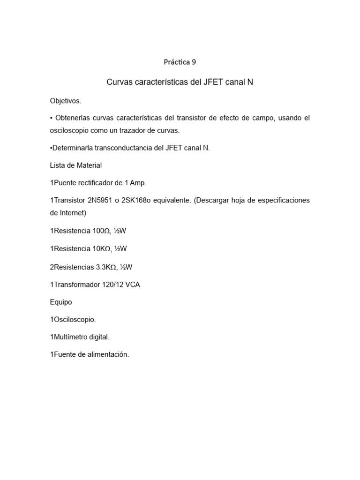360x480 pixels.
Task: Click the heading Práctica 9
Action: [x=180, y=61]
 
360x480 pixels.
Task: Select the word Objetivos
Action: [x=66, y=100]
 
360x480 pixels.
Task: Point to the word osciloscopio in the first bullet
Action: [x=69, y=130]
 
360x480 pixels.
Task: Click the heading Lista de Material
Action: [x=75, y=165]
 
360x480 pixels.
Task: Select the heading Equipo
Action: [x=61, y=302]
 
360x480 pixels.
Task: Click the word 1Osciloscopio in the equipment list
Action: [x=73, y=320]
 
